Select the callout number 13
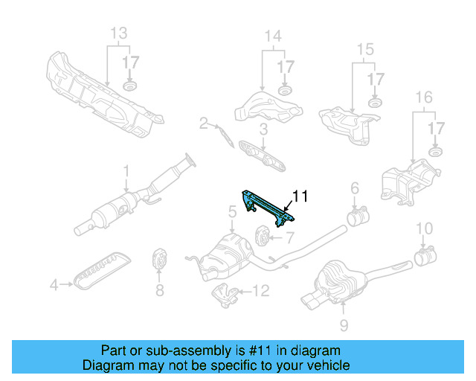coord(118,33)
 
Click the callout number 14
coord(273,35)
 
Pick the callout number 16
coord(423,97)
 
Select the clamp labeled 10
coord(425,258)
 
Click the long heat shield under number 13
coord(104,93)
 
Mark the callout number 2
coord(203,123)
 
